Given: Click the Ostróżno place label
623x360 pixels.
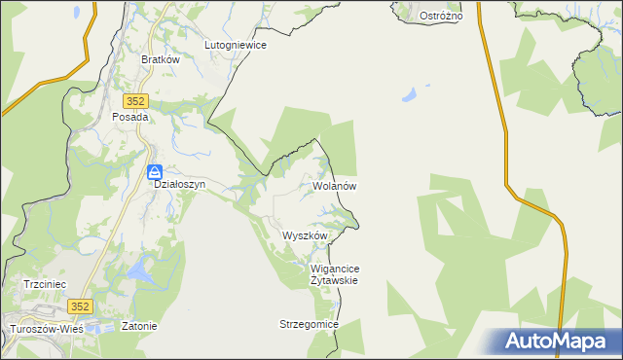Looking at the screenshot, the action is coord(440,17).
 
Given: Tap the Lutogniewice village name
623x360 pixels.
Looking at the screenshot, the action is coord(236,45).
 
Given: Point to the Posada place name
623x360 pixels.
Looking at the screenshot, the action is coord(130,117).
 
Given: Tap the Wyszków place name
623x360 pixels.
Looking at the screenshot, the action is coord(305,235).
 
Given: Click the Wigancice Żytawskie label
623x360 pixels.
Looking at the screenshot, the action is coord(335,273).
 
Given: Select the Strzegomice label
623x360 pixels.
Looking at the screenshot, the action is coord(308,323).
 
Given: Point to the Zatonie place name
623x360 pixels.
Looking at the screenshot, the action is coord(139,326).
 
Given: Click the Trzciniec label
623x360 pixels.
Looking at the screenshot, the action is coord(44,284).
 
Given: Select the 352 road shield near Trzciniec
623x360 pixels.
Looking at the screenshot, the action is coord(81,306).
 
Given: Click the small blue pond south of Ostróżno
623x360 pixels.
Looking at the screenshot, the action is coord(409,96).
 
